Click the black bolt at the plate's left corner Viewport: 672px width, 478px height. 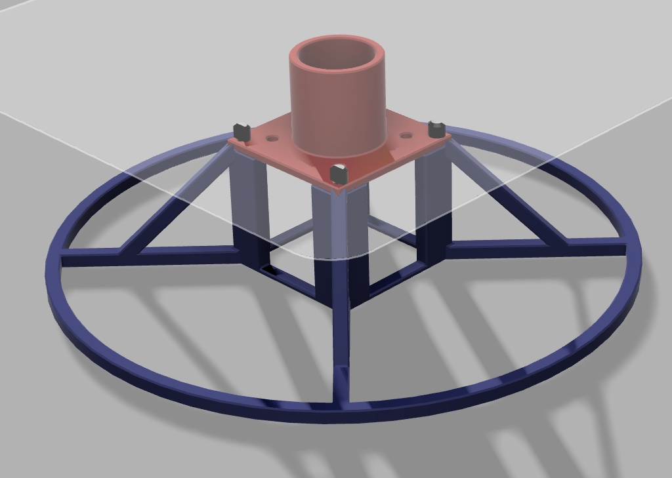242,132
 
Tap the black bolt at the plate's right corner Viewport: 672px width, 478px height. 436,129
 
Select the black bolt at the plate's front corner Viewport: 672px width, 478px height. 339,174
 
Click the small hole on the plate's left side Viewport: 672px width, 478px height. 271,139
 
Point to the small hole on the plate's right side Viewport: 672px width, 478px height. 406,136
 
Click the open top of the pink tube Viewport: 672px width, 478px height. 336,56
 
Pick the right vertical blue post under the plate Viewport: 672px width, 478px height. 433,197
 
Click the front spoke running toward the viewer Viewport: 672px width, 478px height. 341,341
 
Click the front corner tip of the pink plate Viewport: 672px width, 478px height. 339,189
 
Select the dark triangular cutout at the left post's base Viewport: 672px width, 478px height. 268,269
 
